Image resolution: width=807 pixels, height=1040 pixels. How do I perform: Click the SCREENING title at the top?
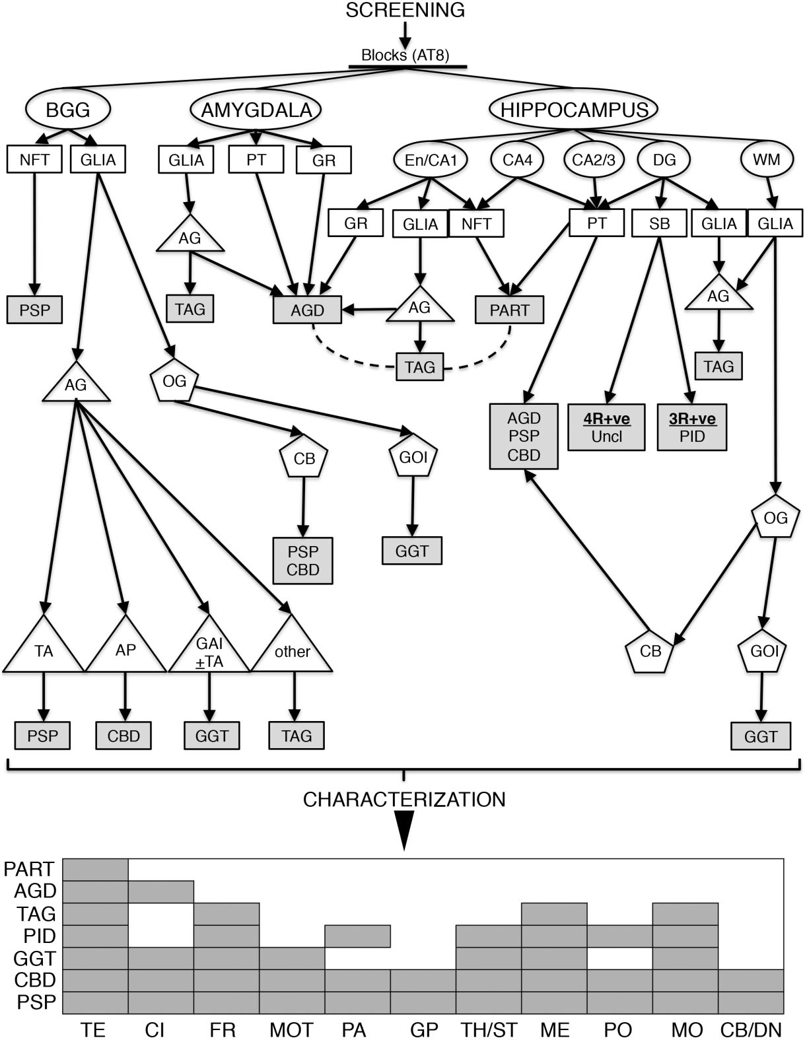pyautogui.click(x=405, y=10)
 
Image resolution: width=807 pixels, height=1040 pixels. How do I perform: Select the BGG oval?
pyautogui.click(x=67, y=110)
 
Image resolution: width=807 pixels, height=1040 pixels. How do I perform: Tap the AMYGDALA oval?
pyautogui.click(x=256, y=110)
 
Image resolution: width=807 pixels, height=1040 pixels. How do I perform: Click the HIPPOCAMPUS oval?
pyautogui.click(x=574, y=110)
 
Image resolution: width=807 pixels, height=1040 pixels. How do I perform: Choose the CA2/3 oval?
pyautogui.click(x=593, y=159)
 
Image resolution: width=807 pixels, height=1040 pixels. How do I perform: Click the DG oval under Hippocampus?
pyautogui.click(x=664, y=159)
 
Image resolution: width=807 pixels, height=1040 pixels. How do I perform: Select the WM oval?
pyautogui.click(x=766, y=159)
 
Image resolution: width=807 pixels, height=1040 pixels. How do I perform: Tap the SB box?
pyautogui.click(x=659, y=224)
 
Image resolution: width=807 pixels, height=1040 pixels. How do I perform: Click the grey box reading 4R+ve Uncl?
pyautogui.click(x=606, y=427)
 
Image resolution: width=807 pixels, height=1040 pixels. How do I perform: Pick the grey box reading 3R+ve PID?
pyautogui.click(x=691, y=427)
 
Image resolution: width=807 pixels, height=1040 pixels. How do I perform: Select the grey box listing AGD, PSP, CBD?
pyautogui.click(x=524, y=436)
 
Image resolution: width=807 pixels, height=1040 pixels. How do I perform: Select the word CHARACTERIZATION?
pyautogui.click(x=404, y=800)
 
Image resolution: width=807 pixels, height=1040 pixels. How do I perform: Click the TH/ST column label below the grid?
pyautogui.click(x=488, y=1029)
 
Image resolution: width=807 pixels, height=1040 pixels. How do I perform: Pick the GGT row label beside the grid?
pyautogui.click(x=34, y=958)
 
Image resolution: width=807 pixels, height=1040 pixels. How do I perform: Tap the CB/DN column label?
pyautogui.click(x=751, y=1029)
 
